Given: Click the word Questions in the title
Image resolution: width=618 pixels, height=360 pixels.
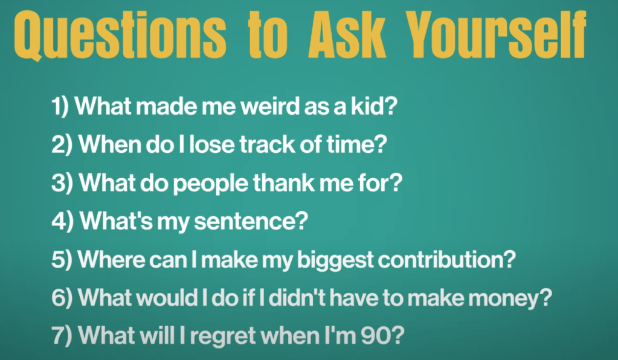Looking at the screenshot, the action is (x=120, y=35).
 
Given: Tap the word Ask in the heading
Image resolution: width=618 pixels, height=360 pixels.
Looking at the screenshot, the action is (x=346, y=34).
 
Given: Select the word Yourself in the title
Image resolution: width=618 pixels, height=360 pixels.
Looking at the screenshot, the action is (x=496, y=34).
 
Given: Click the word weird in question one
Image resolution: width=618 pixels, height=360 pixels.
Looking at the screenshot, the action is (x=270, y=106).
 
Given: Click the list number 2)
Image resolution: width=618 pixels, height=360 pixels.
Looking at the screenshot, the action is (x=62, y=144).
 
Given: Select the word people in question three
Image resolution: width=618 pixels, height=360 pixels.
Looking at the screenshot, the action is (x=211, y=184).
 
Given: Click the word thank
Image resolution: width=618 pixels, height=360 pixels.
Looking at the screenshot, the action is (x=284, y=182).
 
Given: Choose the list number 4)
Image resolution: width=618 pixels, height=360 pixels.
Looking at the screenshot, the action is (x=62, y=221).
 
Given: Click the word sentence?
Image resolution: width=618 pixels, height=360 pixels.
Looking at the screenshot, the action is (x=251, y=221).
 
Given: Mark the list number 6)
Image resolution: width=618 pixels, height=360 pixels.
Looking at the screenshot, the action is (x=62, y=298).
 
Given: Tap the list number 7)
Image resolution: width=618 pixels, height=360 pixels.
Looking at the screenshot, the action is (x=62, y=336).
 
